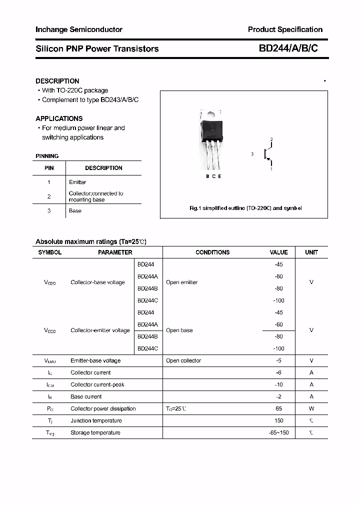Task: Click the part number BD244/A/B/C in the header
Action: click(288, 48)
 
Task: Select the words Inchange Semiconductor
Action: click(79, 30)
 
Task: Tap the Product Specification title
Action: click(285, 29)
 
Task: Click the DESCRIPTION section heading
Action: click(57, 81)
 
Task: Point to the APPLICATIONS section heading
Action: click(59, 118)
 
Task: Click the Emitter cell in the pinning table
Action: click(77, 182)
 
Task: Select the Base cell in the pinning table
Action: click(75, 210)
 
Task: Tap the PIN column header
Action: click(49, 168)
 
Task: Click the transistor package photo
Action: click(211, 140)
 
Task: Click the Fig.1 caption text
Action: click(245, 208)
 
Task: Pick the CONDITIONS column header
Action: click(212, 252)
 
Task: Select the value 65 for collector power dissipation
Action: click(279, 408)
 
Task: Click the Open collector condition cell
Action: click(183, 360)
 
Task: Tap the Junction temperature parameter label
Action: click(96, 420)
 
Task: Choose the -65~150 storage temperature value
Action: click(278, 432)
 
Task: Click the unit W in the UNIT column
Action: click(311, 408)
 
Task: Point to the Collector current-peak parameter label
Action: click(97, 384)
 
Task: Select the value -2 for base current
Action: click(279, 396)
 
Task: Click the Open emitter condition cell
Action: click(182, 282)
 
